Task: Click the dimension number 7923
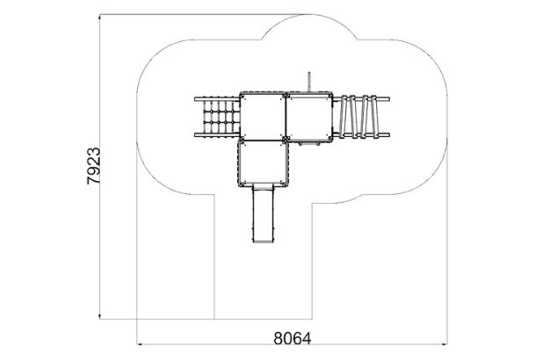(x=94, y=166)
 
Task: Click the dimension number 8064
(x=293, y=338)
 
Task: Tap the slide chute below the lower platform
(x=263, y=213)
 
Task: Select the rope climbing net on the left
(x=221, y=117)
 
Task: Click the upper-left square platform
(x=263, y=116)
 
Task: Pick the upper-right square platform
(x=309, y=116)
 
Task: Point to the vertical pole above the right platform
(x=309, y=82)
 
